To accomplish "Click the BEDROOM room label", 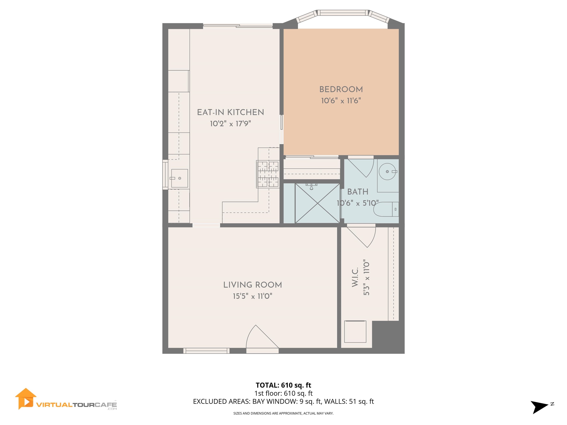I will point(341,89).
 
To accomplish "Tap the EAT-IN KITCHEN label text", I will point(230,112).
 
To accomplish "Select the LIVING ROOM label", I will point(252,285).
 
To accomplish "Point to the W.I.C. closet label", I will point(355,277).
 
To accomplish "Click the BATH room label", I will point(358,192).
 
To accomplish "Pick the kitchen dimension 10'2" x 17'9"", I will point(230,124).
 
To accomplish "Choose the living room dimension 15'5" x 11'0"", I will point(252,296).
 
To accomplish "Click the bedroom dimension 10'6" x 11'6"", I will point(341,101).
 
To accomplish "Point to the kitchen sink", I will point(179,178).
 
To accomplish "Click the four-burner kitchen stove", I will point(268,174).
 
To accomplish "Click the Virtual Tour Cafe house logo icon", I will point(26,399).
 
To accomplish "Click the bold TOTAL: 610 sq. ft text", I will point(283,385).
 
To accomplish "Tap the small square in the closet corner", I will point(355,331).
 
